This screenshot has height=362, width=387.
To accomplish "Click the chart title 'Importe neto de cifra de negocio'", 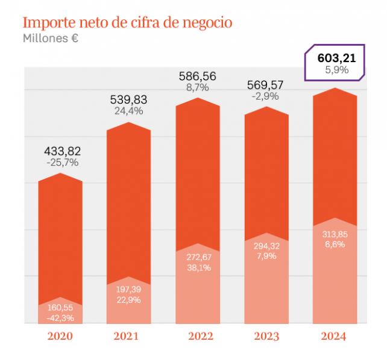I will tap(127, 23).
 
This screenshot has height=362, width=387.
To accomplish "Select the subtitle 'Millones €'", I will tap(51, 39).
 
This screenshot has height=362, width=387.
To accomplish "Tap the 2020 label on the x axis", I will tap(60, 335).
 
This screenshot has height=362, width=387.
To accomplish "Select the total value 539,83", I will tap(128, 100).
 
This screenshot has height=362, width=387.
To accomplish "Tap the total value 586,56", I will tap(198, 76).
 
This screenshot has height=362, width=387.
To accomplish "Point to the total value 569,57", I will tap(266, 85).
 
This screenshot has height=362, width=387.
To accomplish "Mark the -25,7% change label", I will tap(62, 162).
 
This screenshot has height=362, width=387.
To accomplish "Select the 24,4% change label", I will tap(128, 111).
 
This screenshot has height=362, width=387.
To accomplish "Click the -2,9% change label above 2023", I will tap(266, 97).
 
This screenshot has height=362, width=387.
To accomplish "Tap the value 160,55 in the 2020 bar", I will tap(60, 307).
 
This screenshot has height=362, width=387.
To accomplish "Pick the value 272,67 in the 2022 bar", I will tap(198, 256).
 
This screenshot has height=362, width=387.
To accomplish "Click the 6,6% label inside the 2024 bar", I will tap(335, 244).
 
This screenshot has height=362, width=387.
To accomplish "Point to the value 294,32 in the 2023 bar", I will tap(266, 246).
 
